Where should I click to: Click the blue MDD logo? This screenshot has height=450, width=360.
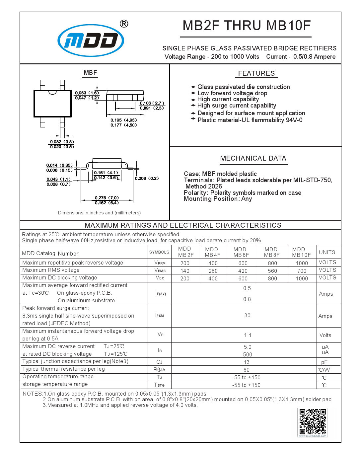pos(91,40)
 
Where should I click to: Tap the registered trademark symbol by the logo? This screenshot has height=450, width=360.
pos(124,24)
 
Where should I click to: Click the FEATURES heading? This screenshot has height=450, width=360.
pos(256,73)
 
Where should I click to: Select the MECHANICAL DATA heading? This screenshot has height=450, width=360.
pos(253,158)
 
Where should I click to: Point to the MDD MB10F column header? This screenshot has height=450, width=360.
pos(301,252)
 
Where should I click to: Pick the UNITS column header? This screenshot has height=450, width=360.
pos(327,253)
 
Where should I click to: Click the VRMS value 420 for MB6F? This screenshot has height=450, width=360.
pos(243,271)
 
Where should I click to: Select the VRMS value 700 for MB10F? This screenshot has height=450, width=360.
pos(302,271)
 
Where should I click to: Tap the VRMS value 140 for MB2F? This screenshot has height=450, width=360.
pos(185,271)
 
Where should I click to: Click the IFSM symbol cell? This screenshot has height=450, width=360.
pos(160,315)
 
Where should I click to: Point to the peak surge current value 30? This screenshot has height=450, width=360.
pos(247,315)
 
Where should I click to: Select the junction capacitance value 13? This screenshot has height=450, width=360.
pos(247,362)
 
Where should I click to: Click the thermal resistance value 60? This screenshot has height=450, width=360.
pos(247,370)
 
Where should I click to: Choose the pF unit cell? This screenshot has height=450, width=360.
pos(324,362)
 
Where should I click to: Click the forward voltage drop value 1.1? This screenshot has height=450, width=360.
pos(248,336)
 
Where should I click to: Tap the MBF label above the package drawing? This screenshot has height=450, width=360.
pos(90,73)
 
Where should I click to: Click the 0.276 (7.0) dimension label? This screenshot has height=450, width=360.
pos(107,198)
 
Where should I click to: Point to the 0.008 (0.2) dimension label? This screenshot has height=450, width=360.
pos(147,179)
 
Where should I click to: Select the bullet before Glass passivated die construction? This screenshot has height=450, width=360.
pos(193,87)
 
